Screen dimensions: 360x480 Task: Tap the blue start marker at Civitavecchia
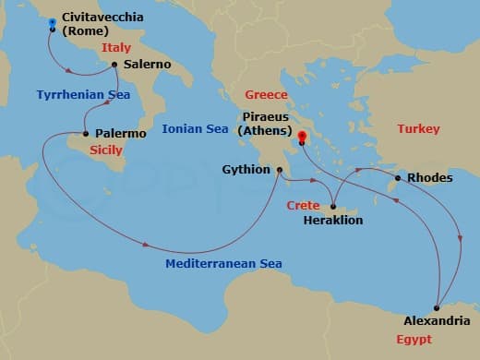(52, 22)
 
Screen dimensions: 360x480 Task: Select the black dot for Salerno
(114, 65)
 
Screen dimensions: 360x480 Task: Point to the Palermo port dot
(86, 134)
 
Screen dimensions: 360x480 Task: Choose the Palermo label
(121, 134)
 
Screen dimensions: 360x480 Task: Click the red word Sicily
(107, 150)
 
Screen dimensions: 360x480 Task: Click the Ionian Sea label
(195, 129)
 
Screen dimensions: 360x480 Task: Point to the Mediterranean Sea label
(223, 264)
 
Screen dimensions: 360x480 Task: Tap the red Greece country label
(267, 95)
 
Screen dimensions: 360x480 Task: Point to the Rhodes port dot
(398, 178)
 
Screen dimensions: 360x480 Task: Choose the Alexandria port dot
(437, 307)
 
